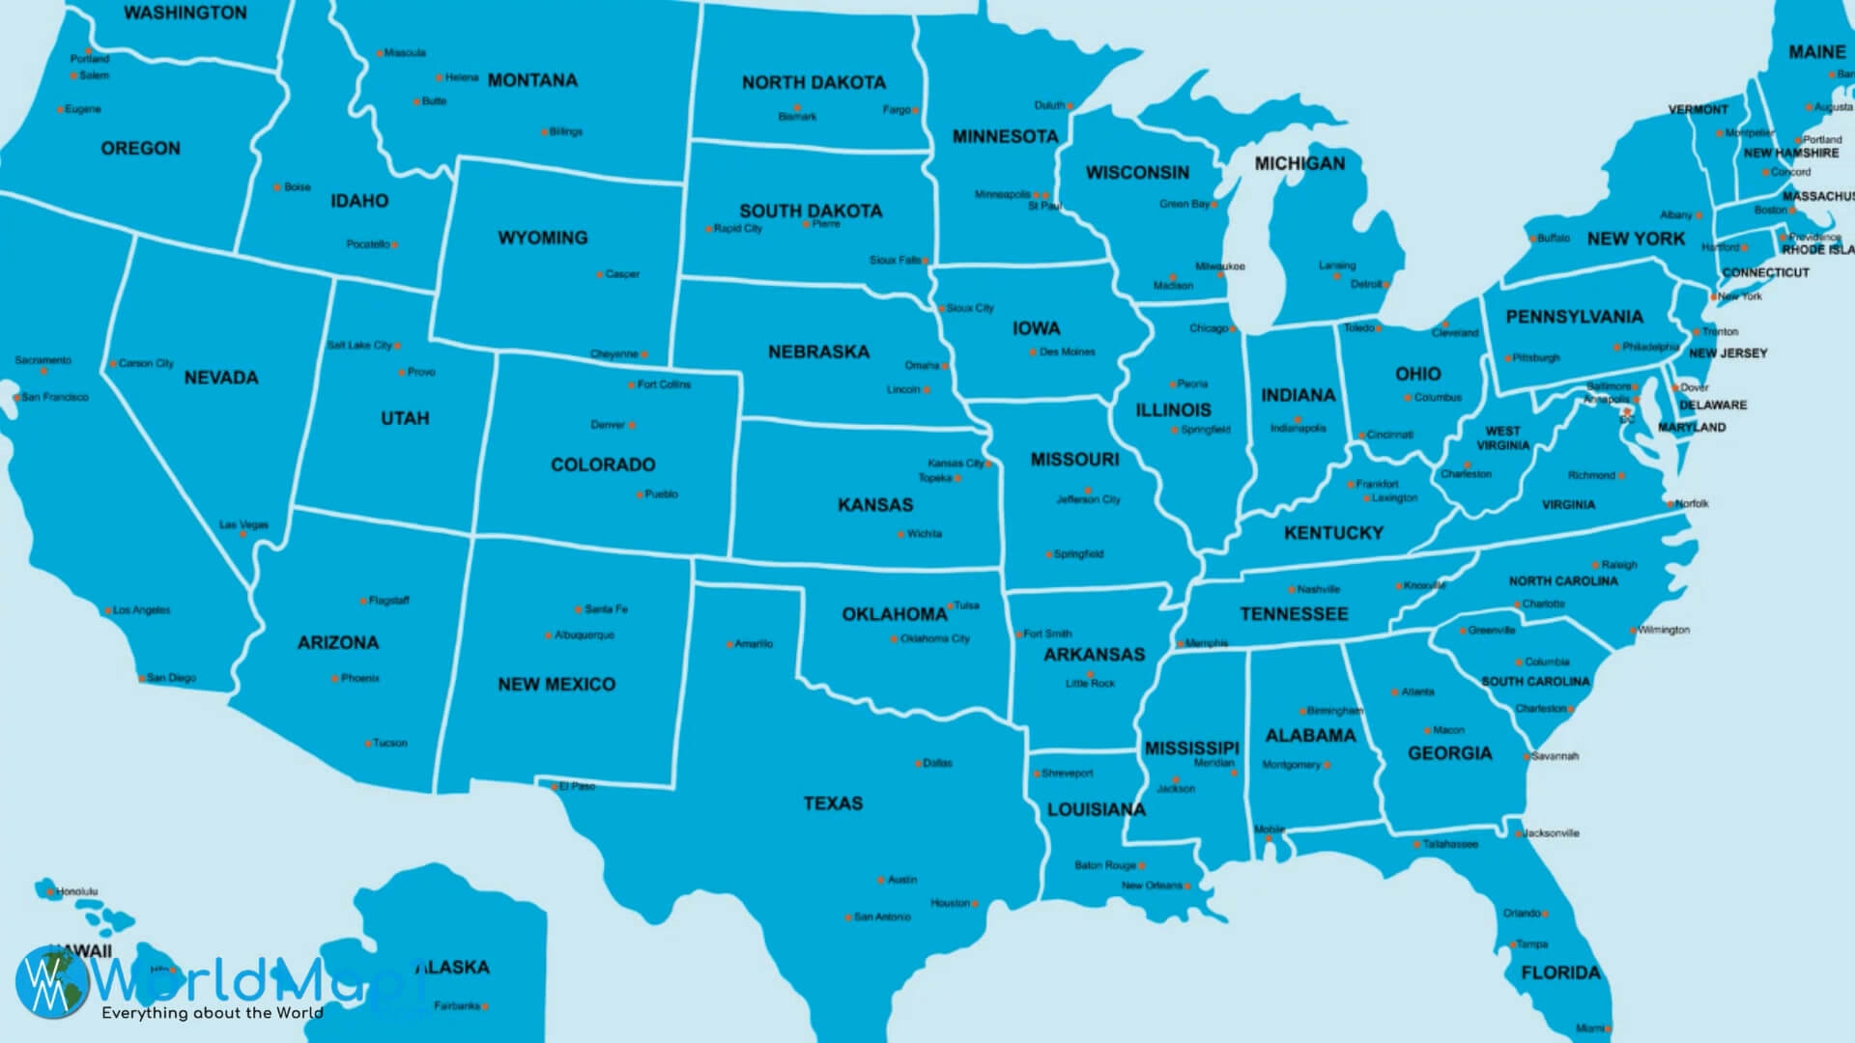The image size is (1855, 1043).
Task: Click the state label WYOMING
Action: point(542,238)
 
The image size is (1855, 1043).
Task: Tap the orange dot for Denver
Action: point(632,425)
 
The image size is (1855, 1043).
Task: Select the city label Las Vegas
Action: point(243,525)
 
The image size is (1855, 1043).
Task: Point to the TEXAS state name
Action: point(833,803)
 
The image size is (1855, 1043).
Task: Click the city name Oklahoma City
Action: point(934,638)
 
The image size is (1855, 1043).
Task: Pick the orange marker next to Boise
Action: point(277,187)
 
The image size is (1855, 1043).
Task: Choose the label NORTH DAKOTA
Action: point(813,83)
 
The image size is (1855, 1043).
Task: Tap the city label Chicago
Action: point(1208,328)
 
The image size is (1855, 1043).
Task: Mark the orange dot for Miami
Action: point(1609,1029)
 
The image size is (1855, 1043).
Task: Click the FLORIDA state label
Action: point(1560,973)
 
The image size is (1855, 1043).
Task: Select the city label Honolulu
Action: point(76,891)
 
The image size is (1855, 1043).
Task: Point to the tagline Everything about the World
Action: point(213,1013)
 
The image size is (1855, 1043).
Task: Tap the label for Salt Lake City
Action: point(358,345)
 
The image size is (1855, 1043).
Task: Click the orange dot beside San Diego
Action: point(142,679)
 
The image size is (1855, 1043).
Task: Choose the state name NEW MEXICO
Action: point(556,685)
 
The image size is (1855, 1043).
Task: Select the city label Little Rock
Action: point(1090,683)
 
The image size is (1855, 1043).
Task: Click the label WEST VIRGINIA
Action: point(1502,438)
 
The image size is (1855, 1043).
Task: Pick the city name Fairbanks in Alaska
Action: point(456,1005)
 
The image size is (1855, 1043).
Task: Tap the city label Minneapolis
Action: point(1001,194)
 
